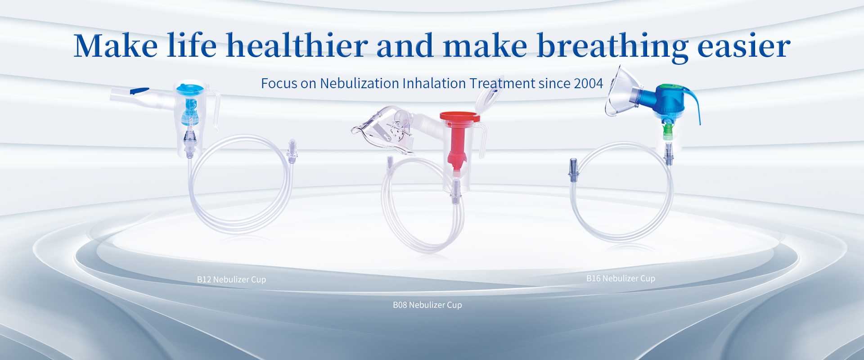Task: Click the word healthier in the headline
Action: tap(297, 45)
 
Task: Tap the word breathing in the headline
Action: tap(612, 47)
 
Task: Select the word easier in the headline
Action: tap(743, 46)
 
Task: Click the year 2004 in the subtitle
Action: tap(588, 83)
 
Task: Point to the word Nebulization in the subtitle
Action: tap(359, 83)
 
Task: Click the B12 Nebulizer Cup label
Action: tap(231, 279)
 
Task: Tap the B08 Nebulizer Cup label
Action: tap(427, 305)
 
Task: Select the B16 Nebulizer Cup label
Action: tap(621, 279)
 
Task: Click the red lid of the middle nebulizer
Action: tap(460, 117)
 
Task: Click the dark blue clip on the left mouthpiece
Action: tap(139, 91)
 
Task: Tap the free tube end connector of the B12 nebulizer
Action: tap(292, 151)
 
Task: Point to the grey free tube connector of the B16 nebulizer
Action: tap(573, 170)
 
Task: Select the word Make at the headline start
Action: tap(116, 45)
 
